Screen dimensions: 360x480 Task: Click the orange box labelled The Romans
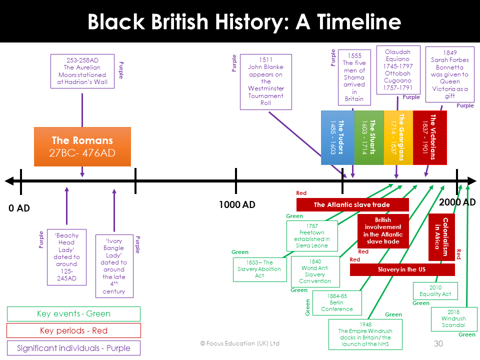coord(82,146)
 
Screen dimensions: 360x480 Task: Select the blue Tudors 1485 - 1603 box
coord(337,137)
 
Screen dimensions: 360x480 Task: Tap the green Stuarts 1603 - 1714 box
coord(369,137)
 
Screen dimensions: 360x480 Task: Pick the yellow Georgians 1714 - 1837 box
coord(398,137)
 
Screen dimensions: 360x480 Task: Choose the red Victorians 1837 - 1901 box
coord(429,137)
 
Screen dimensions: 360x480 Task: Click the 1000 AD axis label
coord(236,204)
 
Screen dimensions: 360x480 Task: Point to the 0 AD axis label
coord(19,208)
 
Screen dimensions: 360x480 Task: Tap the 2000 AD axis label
coord(457,202)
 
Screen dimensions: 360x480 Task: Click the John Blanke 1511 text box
coord(265,81)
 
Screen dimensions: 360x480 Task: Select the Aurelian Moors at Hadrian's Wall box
coord(82,71)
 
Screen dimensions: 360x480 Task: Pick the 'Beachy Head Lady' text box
coord(66,257)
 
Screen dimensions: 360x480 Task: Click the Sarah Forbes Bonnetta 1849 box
coord(449,74)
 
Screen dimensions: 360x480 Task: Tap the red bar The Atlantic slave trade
coord(352,204)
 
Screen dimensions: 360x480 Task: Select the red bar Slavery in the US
coord(402,269)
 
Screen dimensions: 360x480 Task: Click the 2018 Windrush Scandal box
coord(453,318)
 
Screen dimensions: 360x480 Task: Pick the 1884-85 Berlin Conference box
coord(336,302)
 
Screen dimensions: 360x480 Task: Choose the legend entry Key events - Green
coord(73,314)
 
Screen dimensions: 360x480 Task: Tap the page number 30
coord(438,343)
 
